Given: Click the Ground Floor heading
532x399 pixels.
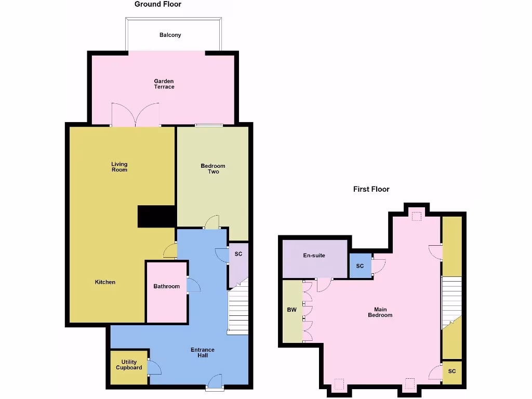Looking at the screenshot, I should (x=158, y=4).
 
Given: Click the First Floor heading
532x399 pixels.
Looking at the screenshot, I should (x=371, y=189).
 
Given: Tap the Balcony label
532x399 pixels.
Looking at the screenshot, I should (x=170, y=35).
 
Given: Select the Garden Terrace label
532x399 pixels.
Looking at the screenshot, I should (x=164, y=84).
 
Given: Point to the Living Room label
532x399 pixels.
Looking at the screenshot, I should (x=119, y=167).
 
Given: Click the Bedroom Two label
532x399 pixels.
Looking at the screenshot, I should (x=213, y=169).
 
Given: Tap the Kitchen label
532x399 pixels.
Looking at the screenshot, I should (x=105, y=282).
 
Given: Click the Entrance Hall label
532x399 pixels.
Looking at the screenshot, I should (x=203, y=353).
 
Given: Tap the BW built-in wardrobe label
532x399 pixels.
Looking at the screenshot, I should (x=292, y=310).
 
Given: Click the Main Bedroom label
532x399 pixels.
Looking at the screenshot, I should (x=380, y=312).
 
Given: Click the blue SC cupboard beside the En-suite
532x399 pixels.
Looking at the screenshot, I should (x=360, y=266).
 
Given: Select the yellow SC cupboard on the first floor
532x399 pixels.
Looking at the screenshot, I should (x=452, y=372).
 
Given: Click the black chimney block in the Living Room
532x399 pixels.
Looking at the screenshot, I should (x=156, y=216).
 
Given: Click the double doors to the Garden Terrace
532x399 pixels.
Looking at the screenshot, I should (x=135, y=115).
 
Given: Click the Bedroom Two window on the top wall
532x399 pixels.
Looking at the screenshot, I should (x=209, y=125).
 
